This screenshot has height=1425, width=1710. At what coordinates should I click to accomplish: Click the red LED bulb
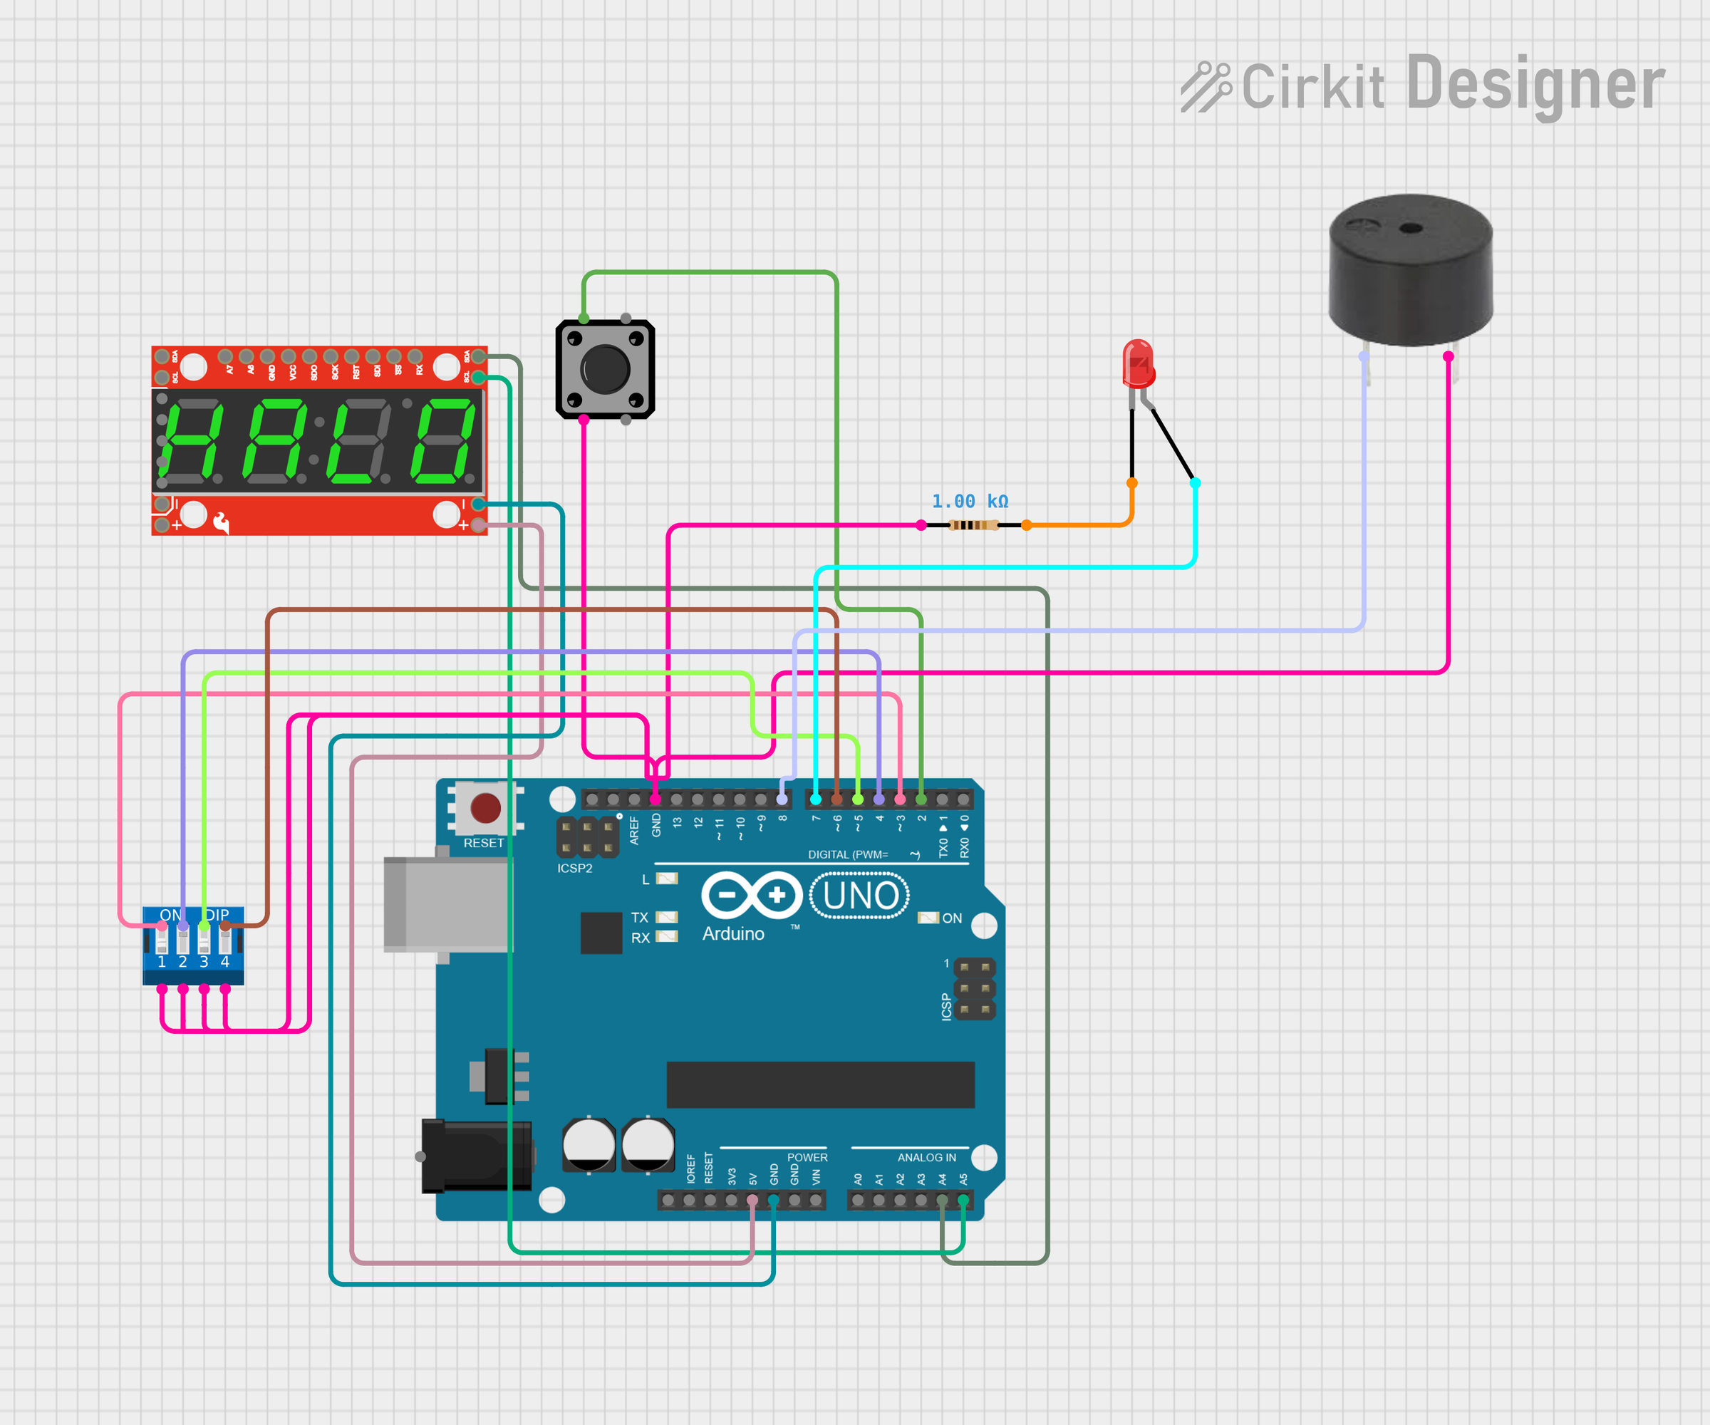(x=1138, y=363)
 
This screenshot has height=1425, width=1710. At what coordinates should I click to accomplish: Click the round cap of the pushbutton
(x=605, y=369)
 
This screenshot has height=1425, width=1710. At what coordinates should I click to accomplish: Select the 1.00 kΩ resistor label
(x=970, y=502)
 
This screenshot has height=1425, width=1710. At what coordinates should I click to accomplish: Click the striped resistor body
(x=973, y=525)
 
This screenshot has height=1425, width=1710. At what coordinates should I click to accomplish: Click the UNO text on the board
(x=860, y=896)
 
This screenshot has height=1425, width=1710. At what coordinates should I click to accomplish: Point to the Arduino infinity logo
(x=751, y=895)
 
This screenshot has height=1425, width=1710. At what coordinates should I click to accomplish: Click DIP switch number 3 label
(x=204, y=962)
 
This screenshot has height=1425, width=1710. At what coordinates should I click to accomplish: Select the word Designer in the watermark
(x=1535, y=85)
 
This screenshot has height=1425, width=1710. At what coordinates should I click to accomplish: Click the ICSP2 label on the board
(x=575, y=868)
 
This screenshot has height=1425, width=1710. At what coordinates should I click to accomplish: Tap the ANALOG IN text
(x=927, y=1157)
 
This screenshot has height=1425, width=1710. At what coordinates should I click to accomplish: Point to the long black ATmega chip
(x=820, y=1084)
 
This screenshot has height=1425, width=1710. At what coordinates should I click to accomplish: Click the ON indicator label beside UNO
(x=951, y=918)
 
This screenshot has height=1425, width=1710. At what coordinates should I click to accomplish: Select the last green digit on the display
(x=444, y=440)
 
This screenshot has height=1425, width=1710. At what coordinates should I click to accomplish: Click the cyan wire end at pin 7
(x=815, y=799)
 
